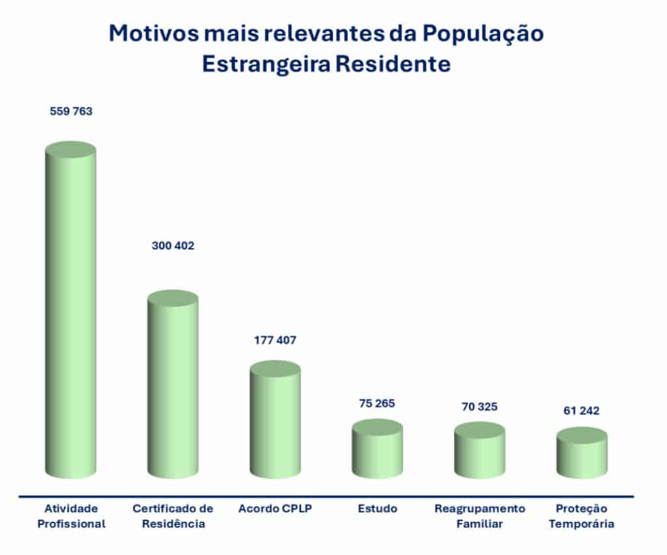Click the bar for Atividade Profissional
pyautogui.click(x=70, y=312)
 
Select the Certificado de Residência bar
pyautogui.click(x=173, y=387)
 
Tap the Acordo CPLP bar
pyautogui.click(x=275, y=423)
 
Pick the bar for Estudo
pyautogui.click(x=377, y=452)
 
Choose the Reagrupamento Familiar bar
pyautogui.click(x=479, y=453)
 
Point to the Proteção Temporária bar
pyautogui.click(x=582, y=456)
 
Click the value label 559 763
pyautogui.click(x=71, y=111)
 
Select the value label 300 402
pyautogui.click(x=172, y=246)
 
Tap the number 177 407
pyautogui.click(x=274, y=340)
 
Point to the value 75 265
pyautogui.click(x=376, y=403)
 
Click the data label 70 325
pyautogui.click(x=479, y=407)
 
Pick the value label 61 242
pyautogui.click(x=581, y=411)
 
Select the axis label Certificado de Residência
pyautogui.click(x=173, y=516)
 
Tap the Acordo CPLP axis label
pyautogui.click(x=275, y=508)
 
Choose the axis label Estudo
pyautogui.click(x=377, y=508)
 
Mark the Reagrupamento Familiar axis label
pyautogui.click(x=479, y=516)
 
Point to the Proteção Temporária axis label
pyautogui.click(x=582, y=516)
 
